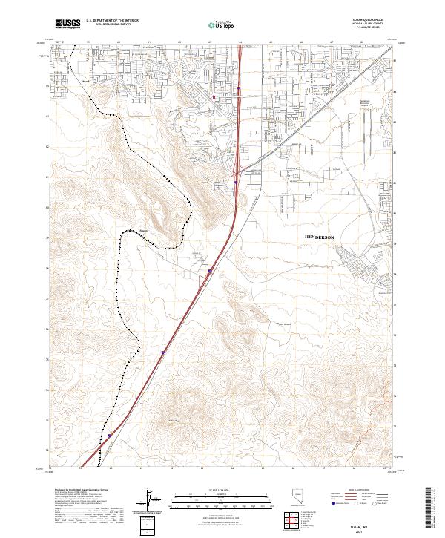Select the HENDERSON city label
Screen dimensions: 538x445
pos(320,237)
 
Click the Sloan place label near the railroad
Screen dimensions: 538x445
pos(145,231)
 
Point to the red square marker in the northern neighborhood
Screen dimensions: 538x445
pos(214,96)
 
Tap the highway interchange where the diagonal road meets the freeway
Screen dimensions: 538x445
pos(236,175)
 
